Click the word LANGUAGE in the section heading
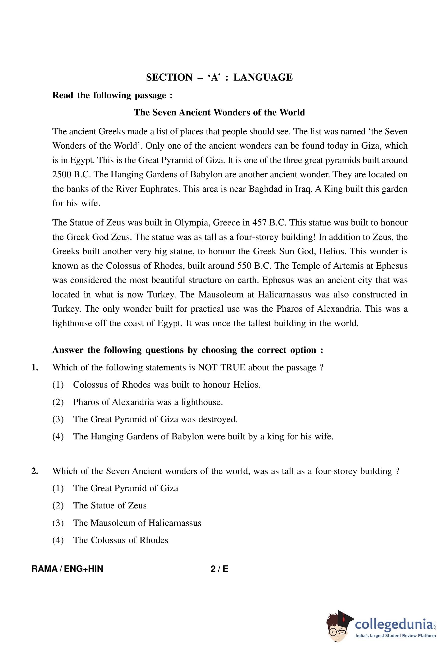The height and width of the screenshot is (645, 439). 263,77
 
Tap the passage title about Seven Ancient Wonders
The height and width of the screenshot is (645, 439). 219,112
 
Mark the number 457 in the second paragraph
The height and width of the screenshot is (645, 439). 260,223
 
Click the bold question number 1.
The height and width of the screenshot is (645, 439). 35,367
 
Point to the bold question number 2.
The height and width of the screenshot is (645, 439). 35,471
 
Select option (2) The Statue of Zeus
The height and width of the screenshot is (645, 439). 110,505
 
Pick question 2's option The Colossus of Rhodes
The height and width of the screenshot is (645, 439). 121,540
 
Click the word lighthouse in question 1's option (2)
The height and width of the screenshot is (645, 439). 201,402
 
